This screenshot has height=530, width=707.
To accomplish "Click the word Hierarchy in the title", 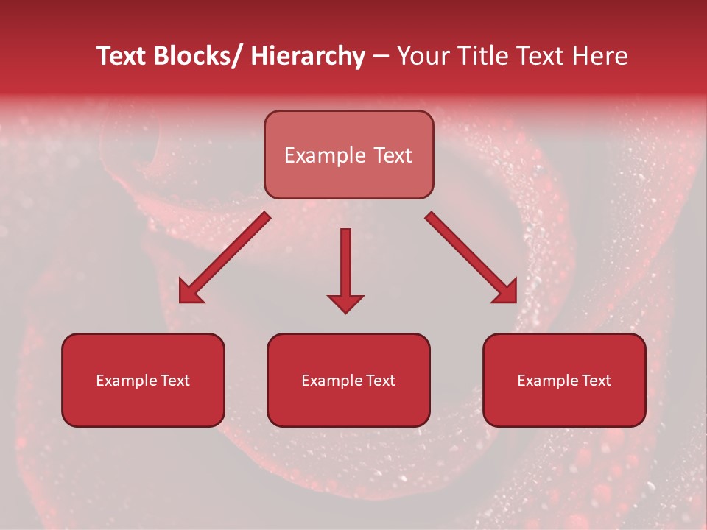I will click(x=308, y=56).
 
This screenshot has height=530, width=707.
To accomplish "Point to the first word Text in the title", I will click(x=122, y=56).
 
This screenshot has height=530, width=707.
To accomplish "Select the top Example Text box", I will click(x=349, y=155).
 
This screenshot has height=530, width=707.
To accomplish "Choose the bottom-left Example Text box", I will click(x=143, y=380).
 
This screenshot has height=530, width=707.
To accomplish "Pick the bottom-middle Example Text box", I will click(x=348, y=380).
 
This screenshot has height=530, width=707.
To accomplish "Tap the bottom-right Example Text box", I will click(x=564, y=380).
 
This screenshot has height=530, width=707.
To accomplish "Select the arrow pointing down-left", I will click(x=225, y=258).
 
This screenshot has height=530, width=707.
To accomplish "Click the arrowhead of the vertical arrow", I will click(x=345, y=303).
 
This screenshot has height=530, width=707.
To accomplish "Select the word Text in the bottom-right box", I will click(x=596, y=381).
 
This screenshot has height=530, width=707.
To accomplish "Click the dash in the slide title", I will click(x=380, y=57).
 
